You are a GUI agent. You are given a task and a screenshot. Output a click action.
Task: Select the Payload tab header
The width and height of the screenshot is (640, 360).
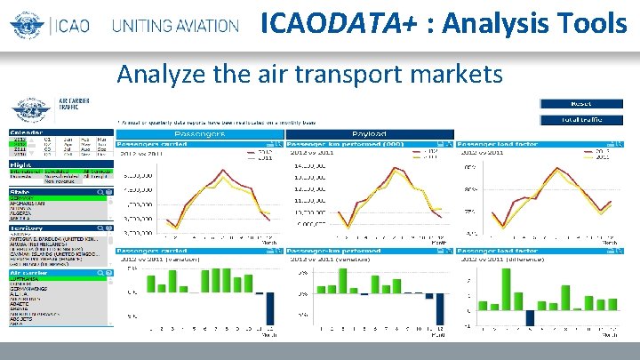[369, 133]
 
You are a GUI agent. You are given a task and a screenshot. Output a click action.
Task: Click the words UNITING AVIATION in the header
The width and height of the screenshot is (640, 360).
[175, 25]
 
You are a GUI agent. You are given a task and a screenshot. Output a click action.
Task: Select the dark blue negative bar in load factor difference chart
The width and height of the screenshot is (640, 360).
[530, 317]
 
